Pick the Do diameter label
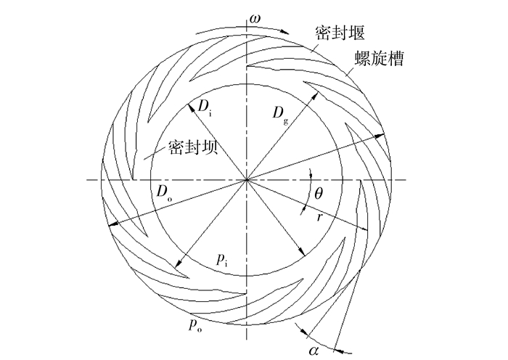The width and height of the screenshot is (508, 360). [x=162, y=192]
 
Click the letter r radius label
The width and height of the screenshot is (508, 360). [x=319, y=216]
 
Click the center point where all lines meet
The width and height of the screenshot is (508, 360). [x=248, y=179]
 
